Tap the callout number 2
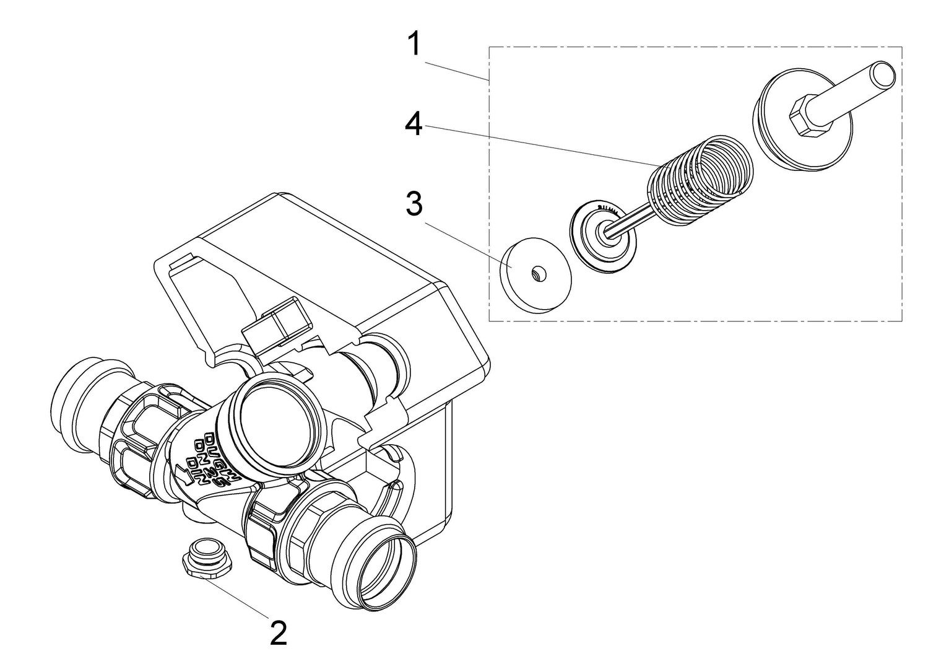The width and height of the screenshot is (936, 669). [279, 632]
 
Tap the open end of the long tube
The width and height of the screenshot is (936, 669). [882, 74]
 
